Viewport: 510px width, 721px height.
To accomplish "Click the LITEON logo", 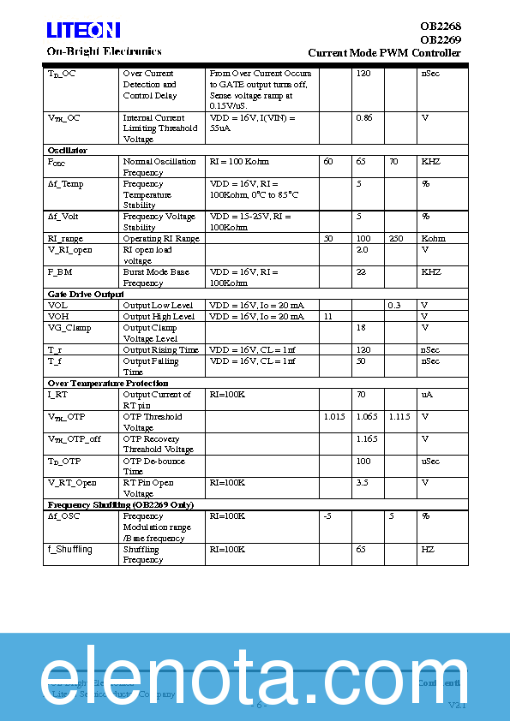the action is (x=83, y=31).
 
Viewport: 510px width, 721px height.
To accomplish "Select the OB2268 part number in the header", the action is (x=440, y=27).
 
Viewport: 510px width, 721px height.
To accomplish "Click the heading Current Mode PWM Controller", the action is (x=384, y=53).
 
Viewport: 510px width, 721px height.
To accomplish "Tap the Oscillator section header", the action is (x=68, y=151).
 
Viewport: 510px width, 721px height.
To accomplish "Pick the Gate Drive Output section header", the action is (x=86, y=295).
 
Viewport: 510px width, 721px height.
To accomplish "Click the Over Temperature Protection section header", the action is (x=108, y=384).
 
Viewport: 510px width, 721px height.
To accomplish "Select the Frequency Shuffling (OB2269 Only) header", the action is (x=121, y=505).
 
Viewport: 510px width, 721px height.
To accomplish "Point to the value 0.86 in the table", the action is (x=364, y=118).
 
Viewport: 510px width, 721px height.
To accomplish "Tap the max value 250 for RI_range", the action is (x=396, y=239).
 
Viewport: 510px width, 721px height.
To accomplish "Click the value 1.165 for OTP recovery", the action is (x=367, y=439).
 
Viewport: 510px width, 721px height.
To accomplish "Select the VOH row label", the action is (x=58, y=317).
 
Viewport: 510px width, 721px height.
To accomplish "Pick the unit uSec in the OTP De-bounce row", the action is (x=429, y=462).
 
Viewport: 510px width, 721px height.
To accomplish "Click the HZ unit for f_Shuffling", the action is (x=427, y=550).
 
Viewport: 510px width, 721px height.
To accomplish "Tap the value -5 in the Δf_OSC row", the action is (x=327, y=516).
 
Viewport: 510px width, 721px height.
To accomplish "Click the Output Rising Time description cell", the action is (x=160, y=350).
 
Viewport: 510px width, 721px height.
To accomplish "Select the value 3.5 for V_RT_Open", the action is (x=363, y=483).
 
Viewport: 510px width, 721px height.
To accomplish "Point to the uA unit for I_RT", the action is (x=426, y=395).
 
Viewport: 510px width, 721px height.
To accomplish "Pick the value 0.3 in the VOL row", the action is (x=394, y=306).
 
